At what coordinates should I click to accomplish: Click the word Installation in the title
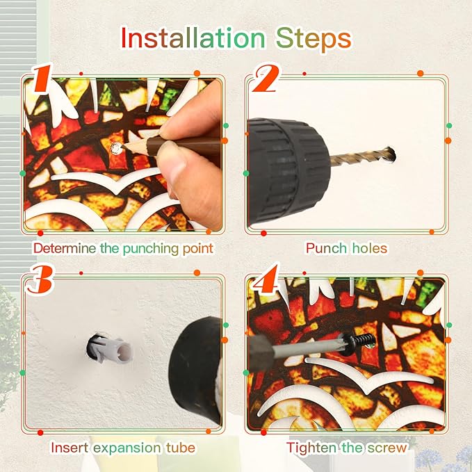[x=193, y=38]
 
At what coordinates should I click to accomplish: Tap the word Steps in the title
[x=314, y=39]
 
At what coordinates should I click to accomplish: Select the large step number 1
[x=43, y=79]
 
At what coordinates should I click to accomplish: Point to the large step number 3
[x=40, y=280]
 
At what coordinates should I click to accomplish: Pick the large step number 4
[x=266, y=279]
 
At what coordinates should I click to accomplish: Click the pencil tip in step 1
[x=124, y=146]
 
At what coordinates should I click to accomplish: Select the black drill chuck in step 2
[x=288, y=170]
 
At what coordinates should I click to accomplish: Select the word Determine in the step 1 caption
[x=65, y=248]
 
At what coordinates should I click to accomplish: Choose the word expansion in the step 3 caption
[x=127, y=448]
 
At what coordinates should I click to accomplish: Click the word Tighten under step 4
[x=311, y=448]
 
